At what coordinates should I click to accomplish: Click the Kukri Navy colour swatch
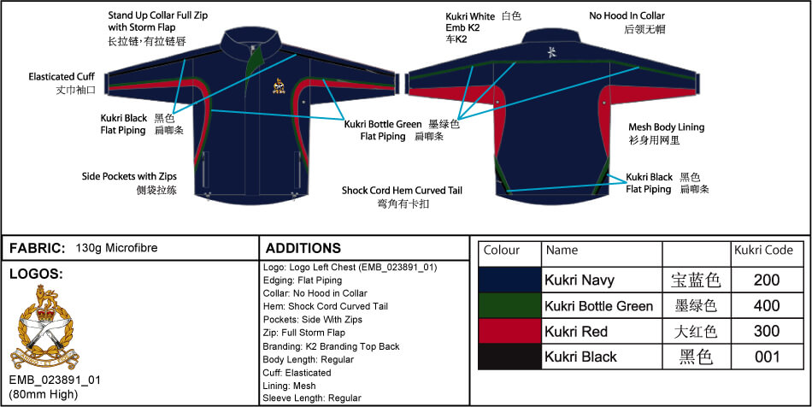coord(509,280)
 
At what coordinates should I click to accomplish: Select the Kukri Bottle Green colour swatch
coord(509,305)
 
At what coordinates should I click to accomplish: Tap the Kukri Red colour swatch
coord(509,331)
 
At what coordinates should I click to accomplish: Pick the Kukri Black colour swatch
coord(509,357)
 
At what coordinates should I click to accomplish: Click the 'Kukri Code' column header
coord(763,250)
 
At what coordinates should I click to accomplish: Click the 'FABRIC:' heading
coord(37,248)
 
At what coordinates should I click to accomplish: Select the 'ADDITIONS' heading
coord(303,248)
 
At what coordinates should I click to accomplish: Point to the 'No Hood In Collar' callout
coord(627,15)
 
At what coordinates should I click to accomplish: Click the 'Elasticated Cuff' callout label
coord(62,76)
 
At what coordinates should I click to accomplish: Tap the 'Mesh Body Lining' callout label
coord(666,127)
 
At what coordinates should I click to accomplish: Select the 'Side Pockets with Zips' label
coord(129,176)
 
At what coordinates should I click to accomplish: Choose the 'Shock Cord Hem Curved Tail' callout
coord(402,190)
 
